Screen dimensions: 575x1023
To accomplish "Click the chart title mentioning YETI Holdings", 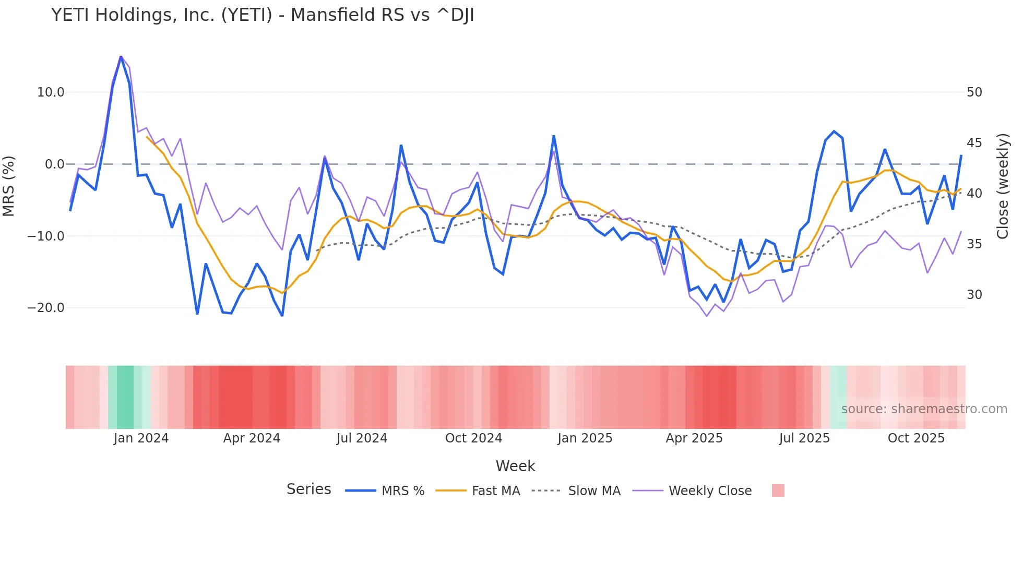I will (x=263, y=15).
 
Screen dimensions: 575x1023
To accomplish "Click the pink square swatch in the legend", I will (x=778, y=490).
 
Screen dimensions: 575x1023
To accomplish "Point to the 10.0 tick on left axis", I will (x=50, y=92).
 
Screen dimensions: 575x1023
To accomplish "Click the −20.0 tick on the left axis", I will (x=46, y=308).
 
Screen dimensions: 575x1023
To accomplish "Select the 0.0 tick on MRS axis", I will (x=54, y=164).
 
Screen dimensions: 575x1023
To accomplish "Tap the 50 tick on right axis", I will (x=974, y=92).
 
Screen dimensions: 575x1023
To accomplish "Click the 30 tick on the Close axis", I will (x=974, y=295).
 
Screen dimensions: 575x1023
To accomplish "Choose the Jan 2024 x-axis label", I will (x=141, y=438).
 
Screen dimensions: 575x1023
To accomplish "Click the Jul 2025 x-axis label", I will (x=804, y=438).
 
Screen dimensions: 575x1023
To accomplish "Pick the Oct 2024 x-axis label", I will (x=473, y=438).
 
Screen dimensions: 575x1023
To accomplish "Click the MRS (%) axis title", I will (x=9, y=186).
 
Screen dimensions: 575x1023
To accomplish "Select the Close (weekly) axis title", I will (x=1002, y=186).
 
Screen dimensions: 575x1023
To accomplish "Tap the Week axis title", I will (x=515, y=466).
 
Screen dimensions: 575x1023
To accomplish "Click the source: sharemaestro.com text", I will (x=924, y=409).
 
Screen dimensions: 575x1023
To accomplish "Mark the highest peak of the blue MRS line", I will (x=121, y=56).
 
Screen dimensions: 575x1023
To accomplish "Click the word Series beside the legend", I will (x=308, y=489).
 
